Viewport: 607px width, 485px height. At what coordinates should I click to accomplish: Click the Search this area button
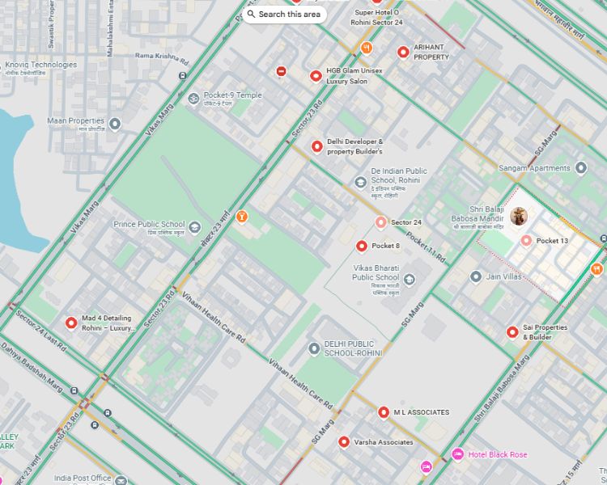[x=284, y=14]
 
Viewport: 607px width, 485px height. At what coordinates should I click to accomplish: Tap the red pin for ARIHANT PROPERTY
[x=403, y=53]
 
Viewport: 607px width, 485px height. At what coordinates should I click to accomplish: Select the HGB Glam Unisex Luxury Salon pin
[x=316, y=76]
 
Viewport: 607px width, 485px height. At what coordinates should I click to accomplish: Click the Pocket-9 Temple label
[x=232, y=95]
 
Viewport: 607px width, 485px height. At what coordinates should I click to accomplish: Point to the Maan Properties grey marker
[x=115, y=124]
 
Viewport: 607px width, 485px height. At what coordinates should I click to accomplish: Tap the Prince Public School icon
[x=194, y=226]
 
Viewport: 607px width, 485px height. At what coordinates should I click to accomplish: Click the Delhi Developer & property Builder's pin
[x=316, y=146]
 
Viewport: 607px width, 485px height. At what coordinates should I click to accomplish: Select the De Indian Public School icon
[x=360, y=182]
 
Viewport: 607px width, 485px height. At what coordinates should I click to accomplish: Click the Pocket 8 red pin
[x=362, y=246]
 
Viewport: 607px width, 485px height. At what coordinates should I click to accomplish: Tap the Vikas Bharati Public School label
[x=376, y=272]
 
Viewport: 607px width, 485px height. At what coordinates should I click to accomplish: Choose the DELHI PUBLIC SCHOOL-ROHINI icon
[x=314, y=348]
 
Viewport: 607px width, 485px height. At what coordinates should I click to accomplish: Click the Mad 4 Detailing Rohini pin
[x=71, y=323]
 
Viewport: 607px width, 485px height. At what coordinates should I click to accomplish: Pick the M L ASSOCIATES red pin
[x=384, y=412]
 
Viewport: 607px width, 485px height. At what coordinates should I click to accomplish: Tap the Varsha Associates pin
[x=344, y=442]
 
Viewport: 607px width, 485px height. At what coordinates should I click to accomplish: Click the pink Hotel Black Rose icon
[x=457, y=454]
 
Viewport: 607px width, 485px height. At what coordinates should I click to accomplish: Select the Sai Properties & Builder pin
[x=512, y=332]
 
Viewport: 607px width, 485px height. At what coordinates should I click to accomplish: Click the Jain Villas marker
[x=476, y=276]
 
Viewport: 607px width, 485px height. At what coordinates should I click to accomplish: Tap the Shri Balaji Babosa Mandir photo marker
[x=519, y=216]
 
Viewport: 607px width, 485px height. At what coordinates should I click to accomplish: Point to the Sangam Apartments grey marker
[x=580, y=168]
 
